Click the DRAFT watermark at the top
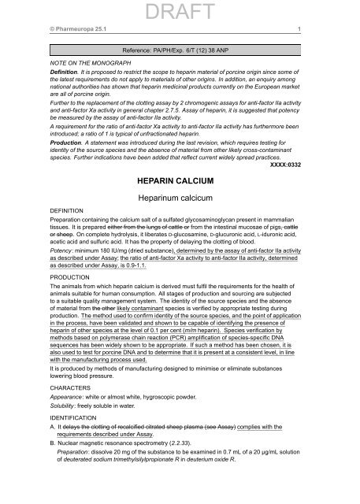pos(180,11)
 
